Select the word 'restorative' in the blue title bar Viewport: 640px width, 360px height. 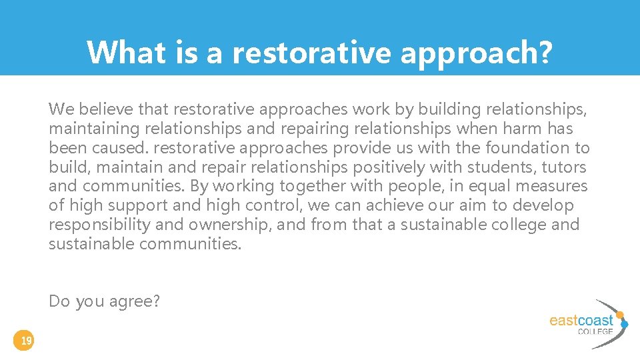click(311, 52)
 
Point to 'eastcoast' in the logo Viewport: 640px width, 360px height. click(581, 320)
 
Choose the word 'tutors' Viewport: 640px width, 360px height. click(564, 167)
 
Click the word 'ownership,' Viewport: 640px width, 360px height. click(231, 225)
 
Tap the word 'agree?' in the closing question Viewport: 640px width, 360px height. click(139, 302)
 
